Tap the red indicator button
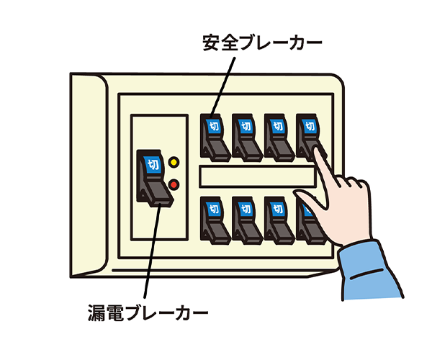174,185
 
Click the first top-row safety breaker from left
215,136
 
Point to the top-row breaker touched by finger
308,132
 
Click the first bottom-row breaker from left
215,220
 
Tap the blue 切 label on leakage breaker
152,163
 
